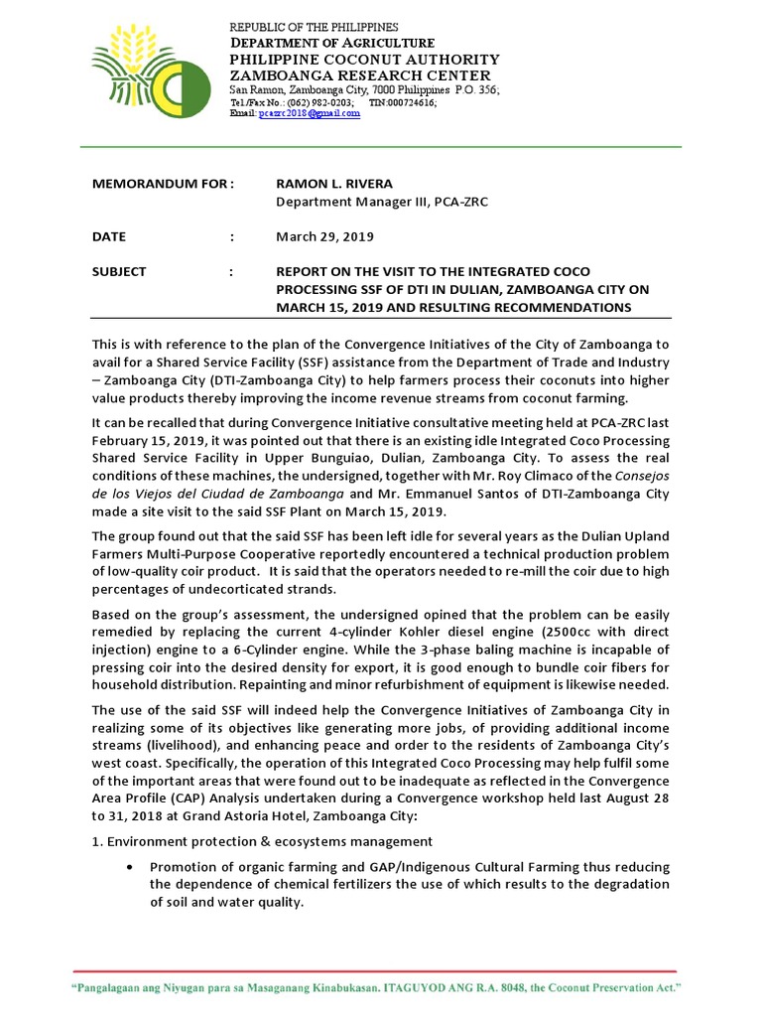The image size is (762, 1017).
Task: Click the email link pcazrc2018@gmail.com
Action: click(309, 114)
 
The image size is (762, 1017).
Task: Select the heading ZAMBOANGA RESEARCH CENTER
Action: click(359, 75)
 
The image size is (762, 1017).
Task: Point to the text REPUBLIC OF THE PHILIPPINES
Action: click(314, 27)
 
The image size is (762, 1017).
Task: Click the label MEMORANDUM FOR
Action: click(160, 184)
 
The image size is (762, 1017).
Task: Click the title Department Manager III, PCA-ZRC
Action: click(381, 203)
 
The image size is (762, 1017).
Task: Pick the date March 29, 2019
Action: click(324, 236)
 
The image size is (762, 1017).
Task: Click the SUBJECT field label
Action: click(118, 271)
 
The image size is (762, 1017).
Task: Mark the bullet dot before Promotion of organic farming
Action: click(130, 865)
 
